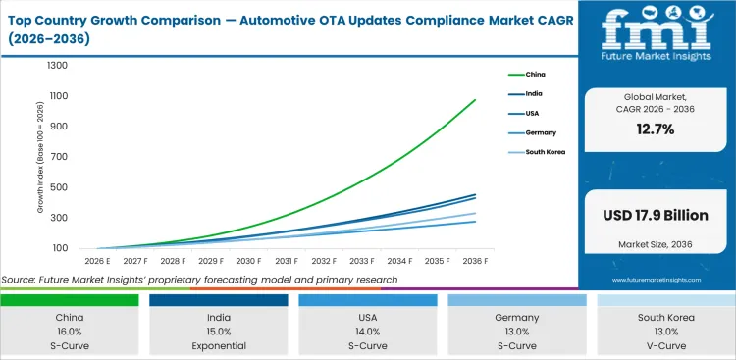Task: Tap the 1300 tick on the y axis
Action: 57,66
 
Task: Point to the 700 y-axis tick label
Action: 60,157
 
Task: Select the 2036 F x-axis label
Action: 474,262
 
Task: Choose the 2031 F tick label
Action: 286,262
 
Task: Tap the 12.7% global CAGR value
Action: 656,129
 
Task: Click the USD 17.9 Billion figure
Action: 656,215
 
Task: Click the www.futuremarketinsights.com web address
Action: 655,280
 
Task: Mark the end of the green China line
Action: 475,99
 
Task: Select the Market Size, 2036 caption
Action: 656,245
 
